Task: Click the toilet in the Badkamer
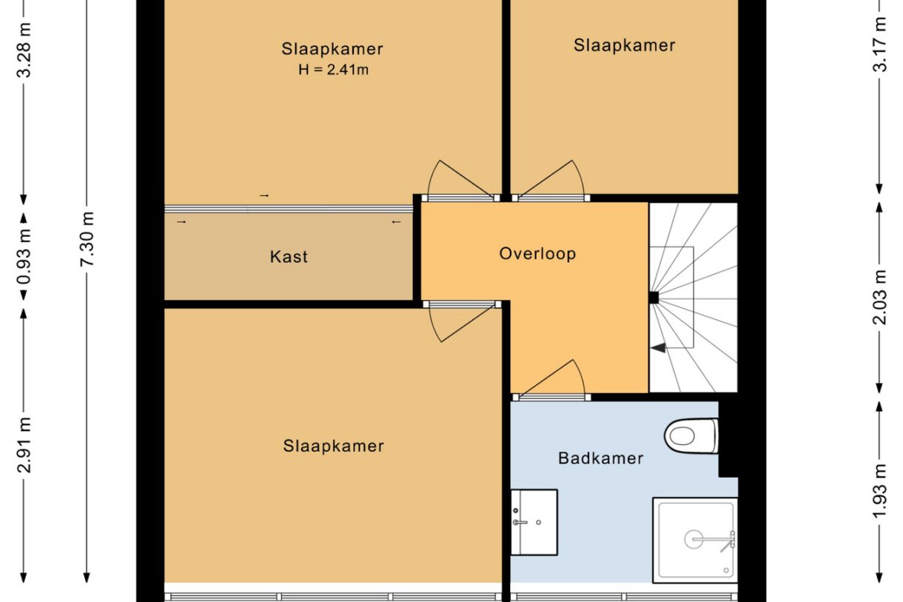(x=691, y=435)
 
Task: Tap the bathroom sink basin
(x=534, y=522)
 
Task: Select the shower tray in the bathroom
(x=695, y=540)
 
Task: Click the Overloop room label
(x=537, y=254)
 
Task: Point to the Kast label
(x=289, y=258)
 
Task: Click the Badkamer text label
(x=600, y=458)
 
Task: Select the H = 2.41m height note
(x=332, y=71)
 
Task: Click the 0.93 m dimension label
(x=24, y=255)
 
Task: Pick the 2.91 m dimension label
(x=24, y=445)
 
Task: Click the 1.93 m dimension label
(x=879, y=492)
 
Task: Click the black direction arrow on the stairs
(x=658, y=347)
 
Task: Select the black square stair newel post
(x=654, y=298)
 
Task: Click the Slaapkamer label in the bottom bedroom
(x=333, y=447)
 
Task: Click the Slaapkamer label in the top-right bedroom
(x=624, y=45)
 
